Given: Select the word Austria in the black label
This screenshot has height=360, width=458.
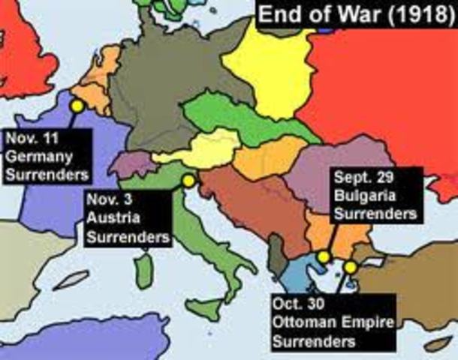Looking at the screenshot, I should pos(110,220).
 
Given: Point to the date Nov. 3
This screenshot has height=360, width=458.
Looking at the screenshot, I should pos(106,202).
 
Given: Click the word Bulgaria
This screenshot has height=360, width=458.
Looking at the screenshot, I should pos(359,196).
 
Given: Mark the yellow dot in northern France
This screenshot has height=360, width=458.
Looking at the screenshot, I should pos(76,106).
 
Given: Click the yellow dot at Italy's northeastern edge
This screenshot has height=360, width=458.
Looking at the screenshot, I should pos(188,181).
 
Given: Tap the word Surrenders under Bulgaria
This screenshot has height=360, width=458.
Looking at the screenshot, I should pos(375,214).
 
